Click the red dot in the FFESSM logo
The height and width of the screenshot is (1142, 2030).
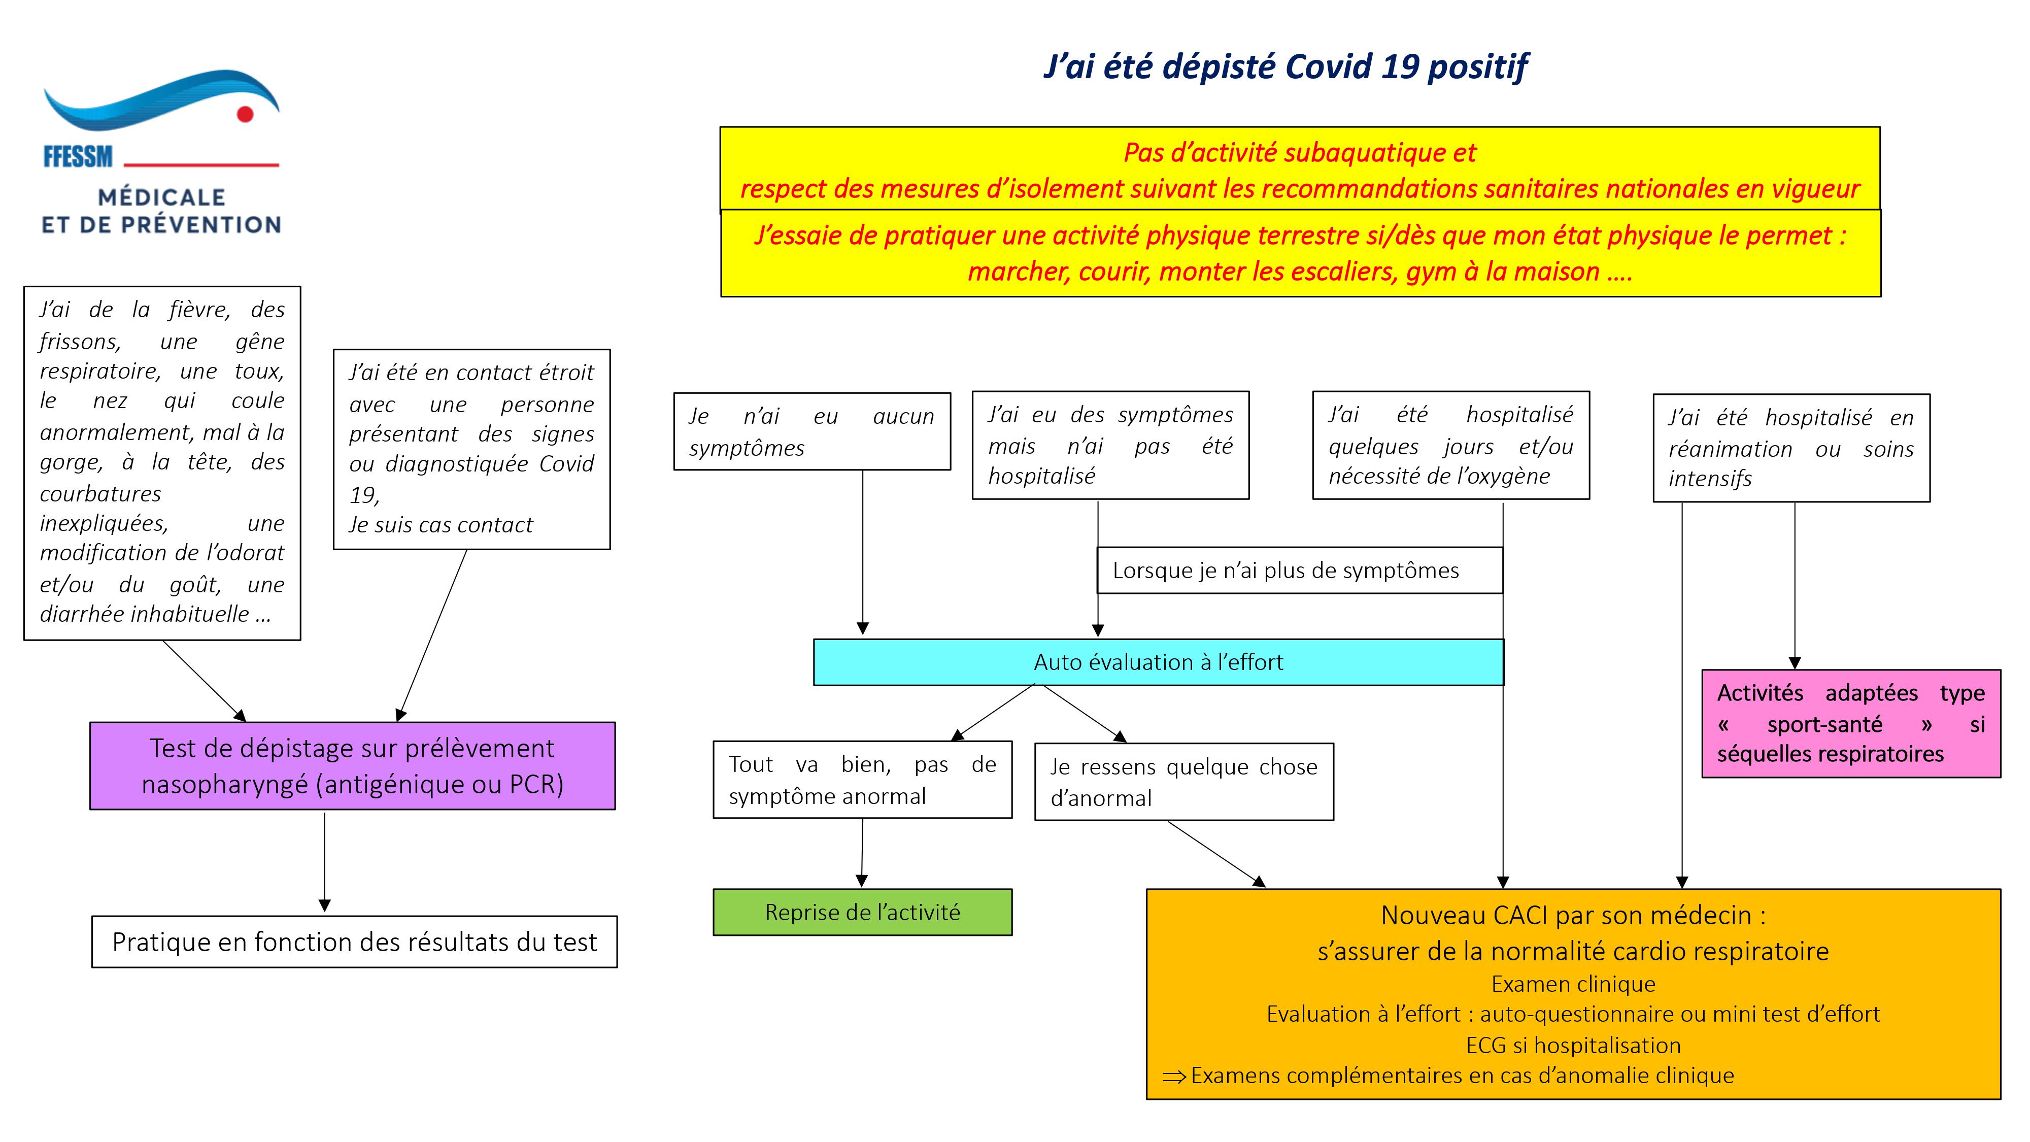[245, 114]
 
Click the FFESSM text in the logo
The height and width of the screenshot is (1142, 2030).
[78, 157]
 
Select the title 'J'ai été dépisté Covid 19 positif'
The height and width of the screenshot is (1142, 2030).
[1286, 66]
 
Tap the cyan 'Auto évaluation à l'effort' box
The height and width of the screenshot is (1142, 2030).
[1159, 662]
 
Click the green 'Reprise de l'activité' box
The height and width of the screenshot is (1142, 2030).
[863, 912]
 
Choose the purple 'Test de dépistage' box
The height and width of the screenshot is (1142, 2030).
[352, 765]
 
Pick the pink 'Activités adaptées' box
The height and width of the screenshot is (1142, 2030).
[1851, 723]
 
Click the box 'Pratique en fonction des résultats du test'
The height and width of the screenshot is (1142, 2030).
[355, 942]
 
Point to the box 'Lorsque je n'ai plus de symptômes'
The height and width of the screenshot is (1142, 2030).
[1300, 570]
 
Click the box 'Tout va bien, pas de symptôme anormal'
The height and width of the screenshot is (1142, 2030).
[863, 780]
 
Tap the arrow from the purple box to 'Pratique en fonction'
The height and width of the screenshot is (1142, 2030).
[325, 862]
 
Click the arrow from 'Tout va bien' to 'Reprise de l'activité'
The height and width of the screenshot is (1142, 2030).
[862, 853]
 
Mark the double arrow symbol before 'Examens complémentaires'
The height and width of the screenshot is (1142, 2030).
[1174, 1077]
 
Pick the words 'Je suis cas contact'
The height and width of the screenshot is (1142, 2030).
[442, 525]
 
